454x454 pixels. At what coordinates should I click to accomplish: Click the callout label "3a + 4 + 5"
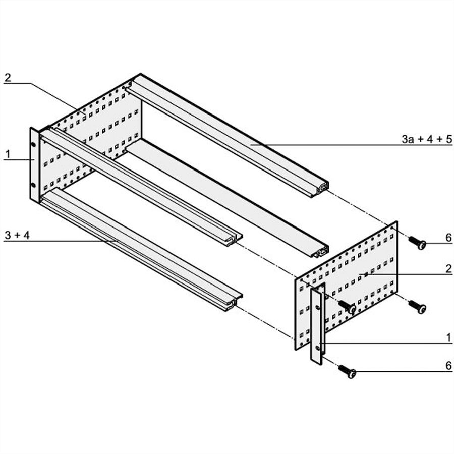pos(426,139)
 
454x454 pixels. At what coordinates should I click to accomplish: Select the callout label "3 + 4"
pos(17,235)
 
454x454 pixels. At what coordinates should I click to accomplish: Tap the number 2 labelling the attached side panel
pos(8,77)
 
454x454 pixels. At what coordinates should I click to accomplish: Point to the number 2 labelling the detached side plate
pos(448,269)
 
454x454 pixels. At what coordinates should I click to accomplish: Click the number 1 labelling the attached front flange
pos(8,154)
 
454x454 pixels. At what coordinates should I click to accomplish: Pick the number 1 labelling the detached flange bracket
pos(449,337)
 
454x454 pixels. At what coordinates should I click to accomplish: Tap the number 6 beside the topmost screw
pos(448,238)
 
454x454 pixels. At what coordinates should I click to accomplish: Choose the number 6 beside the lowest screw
pos(448,366)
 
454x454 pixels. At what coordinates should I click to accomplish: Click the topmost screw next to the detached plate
pos(417,243)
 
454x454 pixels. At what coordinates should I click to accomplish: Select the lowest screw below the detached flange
pos(347,371)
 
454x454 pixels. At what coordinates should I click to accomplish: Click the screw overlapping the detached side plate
pos(347,307)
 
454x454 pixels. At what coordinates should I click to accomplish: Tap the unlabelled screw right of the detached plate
pos(417,307)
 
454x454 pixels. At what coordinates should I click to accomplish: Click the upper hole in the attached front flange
pos(33,144)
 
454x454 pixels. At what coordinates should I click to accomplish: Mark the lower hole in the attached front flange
pos(33,185)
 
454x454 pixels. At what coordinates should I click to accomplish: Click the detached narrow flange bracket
pos(318,323)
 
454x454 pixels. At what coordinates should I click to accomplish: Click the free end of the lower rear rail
pos(322,251)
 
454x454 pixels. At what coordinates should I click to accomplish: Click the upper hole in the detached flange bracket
pos(319,306)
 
